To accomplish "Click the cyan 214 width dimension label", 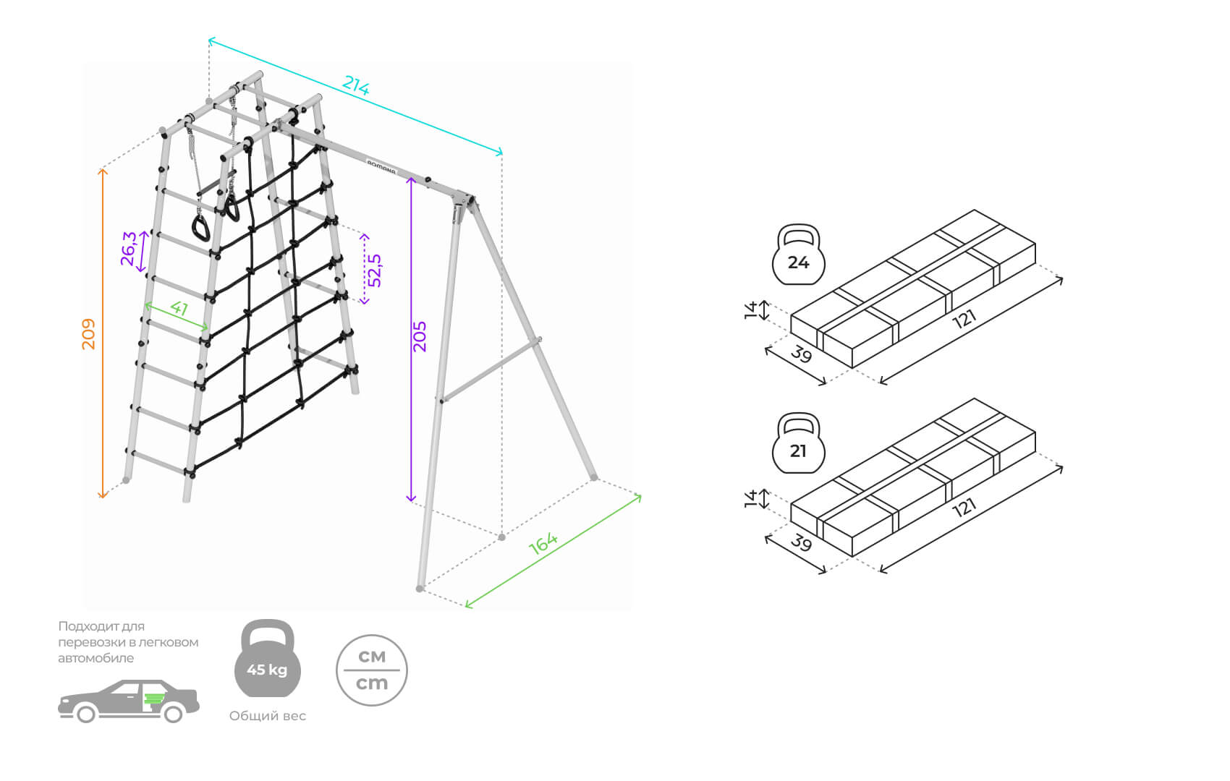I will (x=356, y=86).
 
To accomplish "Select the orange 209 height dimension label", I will (x=88, y=333).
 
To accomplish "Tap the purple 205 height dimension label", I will (x=420, y=336).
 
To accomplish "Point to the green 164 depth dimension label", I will (x=543, y=542).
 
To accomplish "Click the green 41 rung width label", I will (x=179, y=308).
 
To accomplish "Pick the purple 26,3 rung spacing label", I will (x=129, y=248).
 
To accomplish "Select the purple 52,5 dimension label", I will (x=375, y=270).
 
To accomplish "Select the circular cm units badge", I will (x=372, y=670).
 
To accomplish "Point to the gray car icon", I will (x=128, y=701).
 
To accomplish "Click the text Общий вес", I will (x=268, y=716).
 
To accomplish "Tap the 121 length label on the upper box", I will (x=964, y=318).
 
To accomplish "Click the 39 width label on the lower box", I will (x=801, y=542).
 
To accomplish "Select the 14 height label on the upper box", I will (x=751, y=310).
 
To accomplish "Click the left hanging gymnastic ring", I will (x=200, y=228).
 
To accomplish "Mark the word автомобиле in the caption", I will (x=96, y=658).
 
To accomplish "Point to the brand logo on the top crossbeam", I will (x=381, y=167).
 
